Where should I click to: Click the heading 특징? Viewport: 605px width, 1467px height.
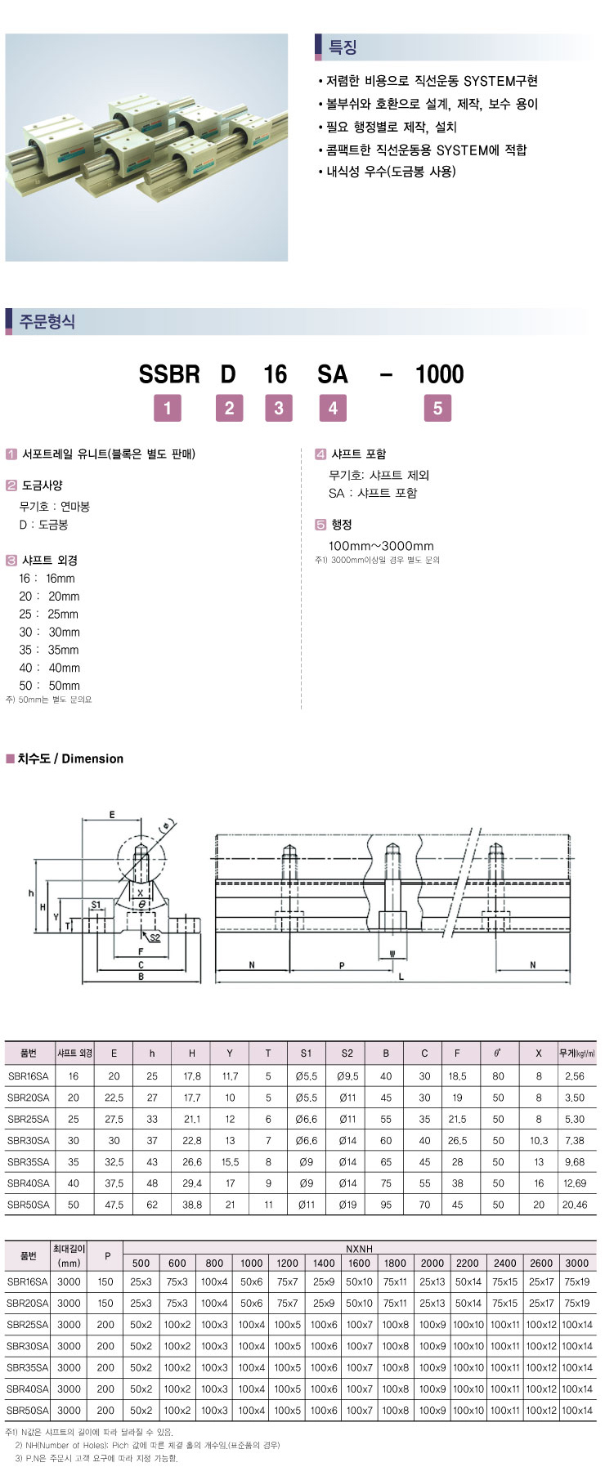(343, 47)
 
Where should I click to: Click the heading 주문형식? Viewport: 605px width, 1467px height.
(47, 321)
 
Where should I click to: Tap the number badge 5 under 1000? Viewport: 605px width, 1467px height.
(437, 408)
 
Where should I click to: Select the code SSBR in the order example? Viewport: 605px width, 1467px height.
(169, 374)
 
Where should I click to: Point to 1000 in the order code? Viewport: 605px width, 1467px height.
(439, 374)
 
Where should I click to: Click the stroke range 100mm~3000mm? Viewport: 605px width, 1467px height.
(381, 546)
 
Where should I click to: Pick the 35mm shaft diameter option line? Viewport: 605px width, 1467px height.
(49, 650)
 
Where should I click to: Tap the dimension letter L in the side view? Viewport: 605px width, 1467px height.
(401, 977)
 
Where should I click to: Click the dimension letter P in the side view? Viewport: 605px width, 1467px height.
(342, 965)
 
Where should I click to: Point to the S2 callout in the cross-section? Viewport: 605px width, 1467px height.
(155, 937)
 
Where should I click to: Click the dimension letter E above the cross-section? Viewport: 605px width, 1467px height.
(112, 814)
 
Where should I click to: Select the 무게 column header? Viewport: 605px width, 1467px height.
(576, 1053)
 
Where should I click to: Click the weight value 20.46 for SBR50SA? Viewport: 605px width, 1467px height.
(575, 1204)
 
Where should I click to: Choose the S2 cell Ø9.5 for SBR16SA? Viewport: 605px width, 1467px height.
(347, 1076)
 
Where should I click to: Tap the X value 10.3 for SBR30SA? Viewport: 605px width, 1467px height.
(538, 1140)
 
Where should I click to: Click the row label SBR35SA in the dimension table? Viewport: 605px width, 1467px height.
(28, 1161)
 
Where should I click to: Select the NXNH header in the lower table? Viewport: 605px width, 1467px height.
(359, 1249)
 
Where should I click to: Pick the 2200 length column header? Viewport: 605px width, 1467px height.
(468, 1263)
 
